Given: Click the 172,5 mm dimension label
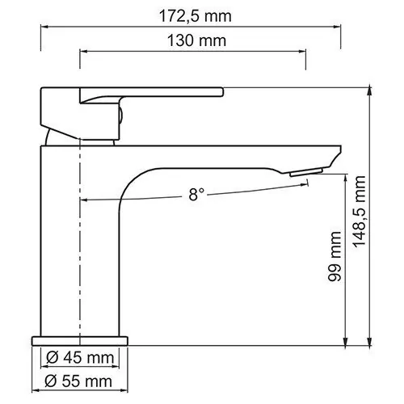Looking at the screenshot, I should (191, 14).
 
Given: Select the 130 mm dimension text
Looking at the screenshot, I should (193, 40).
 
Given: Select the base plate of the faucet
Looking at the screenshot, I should (81, 337).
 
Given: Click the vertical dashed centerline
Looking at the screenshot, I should (81, 242).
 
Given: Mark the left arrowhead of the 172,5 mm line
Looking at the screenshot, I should (43, 24).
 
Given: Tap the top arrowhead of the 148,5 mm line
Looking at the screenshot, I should (370, 89).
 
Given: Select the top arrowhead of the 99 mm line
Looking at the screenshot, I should (346, 175).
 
